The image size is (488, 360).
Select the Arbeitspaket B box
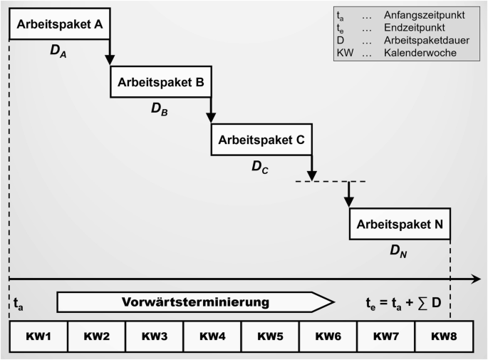160,83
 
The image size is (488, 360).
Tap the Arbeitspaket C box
261,140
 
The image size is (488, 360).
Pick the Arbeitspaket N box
400,223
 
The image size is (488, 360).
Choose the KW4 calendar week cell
212,336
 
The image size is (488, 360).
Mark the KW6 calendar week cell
327,336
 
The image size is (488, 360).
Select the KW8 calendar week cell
442,336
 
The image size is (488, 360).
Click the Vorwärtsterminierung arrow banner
194,302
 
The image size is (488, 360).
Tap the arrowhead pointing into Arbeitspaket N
348,202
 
